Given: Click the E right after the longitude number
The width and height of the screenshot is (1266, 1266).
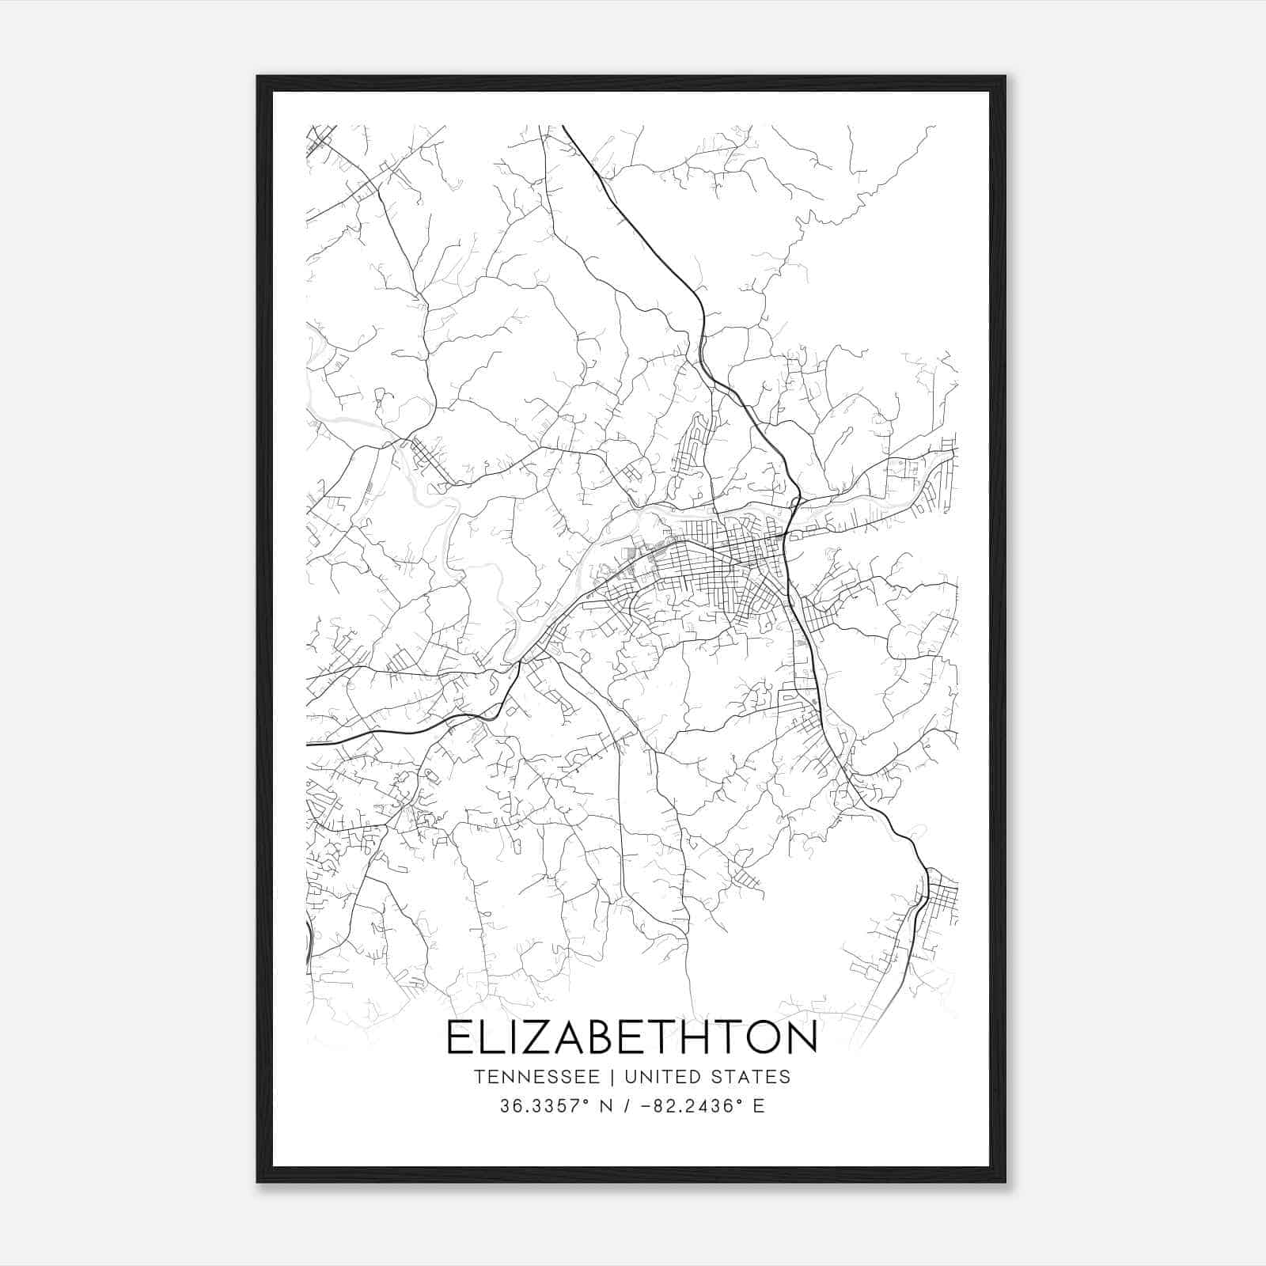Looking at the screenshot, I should (x=759, y=1106).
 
